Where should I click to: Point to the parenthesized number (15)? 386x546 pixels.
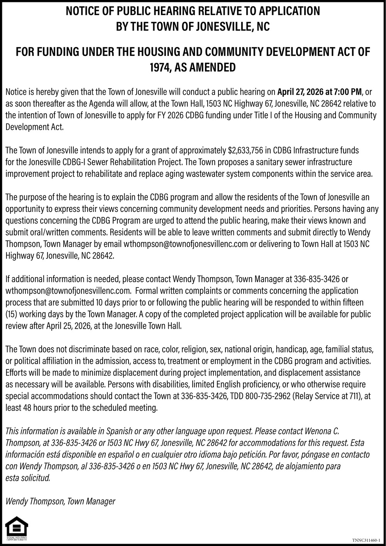[x=11, y=314]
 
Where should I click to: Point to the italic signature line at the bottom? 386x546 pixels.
[x=60, y=501]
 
